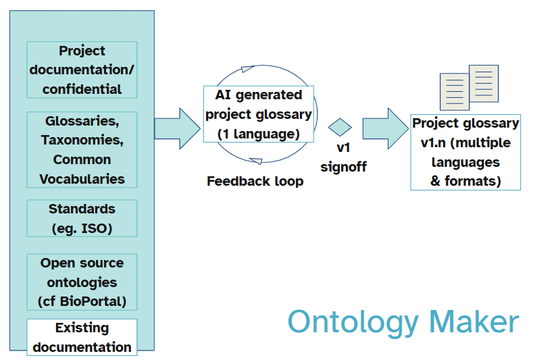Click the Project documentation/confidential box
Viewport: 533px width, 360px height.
click(82, 70)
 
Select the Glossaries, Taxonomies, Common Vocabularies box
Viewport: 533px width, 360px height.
click(82, 149)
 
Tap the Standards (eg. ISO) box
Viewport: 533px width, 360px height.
click(82, 218)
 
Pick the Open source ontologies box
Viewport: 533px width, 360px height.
click(82, 282)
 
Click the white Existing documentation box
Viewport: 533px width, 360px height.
click(82, 337)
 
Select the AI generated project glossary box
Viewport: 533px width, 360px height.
click(258, 113)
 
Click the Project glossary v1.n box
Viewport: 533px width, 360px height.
click(465, 152)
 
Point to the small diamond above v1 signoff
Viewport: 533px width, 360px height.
click(340, 127)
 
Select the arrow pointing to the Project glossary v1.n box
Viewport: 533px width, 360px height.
click(385, 128)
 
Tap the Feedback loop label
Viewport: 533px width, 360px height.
click(255, 181)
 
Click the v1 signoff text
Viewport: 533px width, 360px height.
click(343, 157)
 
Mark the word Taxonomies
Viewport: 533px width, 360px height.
click(82, 140)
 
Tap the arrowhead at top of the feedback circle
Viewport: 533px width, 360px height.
click(245, 70)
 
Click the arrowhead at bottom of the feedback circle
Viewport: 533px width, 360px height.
click(256, 159)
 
